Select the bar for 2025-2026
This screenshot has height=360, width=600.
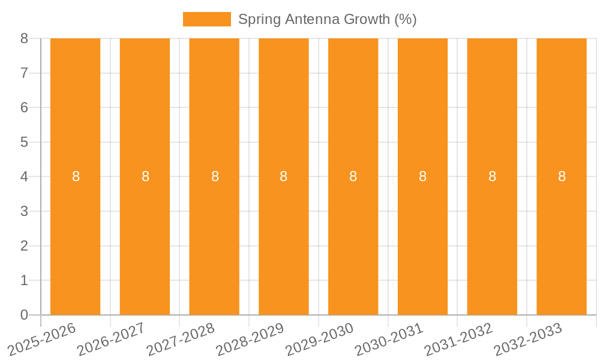click(x=75, y=120)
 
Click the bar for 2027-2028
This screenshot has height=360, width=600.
click(x=214, y=120)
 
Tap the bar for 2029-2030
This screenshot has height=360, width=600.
click(x=353, y=120)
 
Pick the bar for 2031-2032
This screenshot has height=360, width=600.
click(x=492, y=120)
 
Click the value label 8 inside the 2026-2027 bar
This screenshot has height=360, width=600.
click(x=145, y=176)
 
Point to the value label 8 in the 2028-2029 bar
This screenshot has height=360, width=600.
click(x=284, y=176)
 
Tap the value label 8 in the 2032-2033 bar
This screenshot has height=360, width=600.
click(x=562, y=176)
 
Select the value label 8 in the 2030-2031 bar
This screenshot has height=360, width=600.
click(x=422, y=176)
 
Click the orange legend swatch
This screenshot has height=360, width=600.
click(x=206, y=19)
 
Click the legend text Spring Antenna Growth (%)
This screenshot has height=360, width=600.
click(x=327, y=19)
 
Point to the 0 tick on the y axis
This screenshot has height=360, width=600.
click(x=24, y=315)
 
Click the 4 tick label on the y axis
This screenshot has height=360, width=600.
click(x=24, y=177)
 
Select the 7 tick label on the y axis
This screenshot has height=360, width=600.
click(x=24, y=73)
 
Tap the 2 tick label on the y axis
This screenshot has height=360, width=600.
click(x=24, y=246)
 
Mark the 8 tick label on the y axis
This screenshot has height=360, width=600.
click(x=24, y=38)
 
